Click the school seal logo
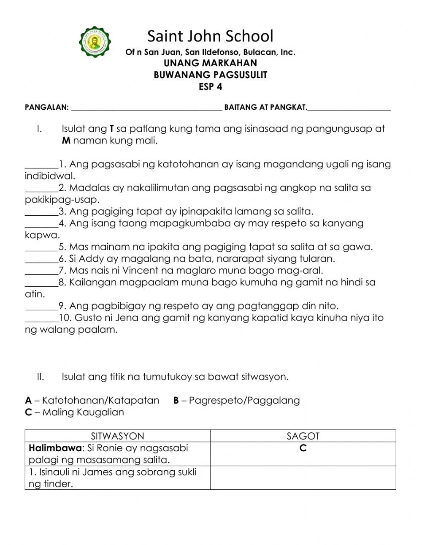tap(96, 42)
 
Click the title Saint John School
tap(210, 36)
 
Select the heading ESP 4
tap(210, 87)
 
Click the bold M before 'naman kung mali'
tap(66, 141)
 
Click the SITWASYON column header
tap(117, 436)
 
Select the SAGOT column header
tap(303, 436)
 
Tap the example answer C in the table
tap(303, 448)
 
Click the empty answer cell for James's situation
tap(303, 477)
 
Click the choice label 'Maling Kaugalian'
tap(83, 412)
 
